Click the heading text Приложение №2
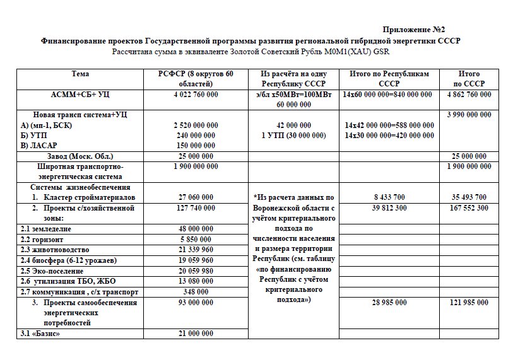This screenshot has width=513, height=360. [x=414, y=30]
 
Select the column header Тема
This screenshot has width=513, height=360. [x=80, y=74]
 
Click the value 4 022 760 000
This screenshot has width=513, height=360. [x=196, y=94]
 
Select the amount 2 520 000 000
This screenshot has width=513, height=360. [x=196, y=125]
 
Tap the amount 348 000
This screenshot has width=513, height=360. [x=196, y=292]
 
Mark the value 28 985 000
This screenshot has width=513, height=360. [x=389, y=303]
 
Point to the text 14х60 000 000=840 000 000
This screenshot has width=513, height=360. [x=389, y=94]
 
